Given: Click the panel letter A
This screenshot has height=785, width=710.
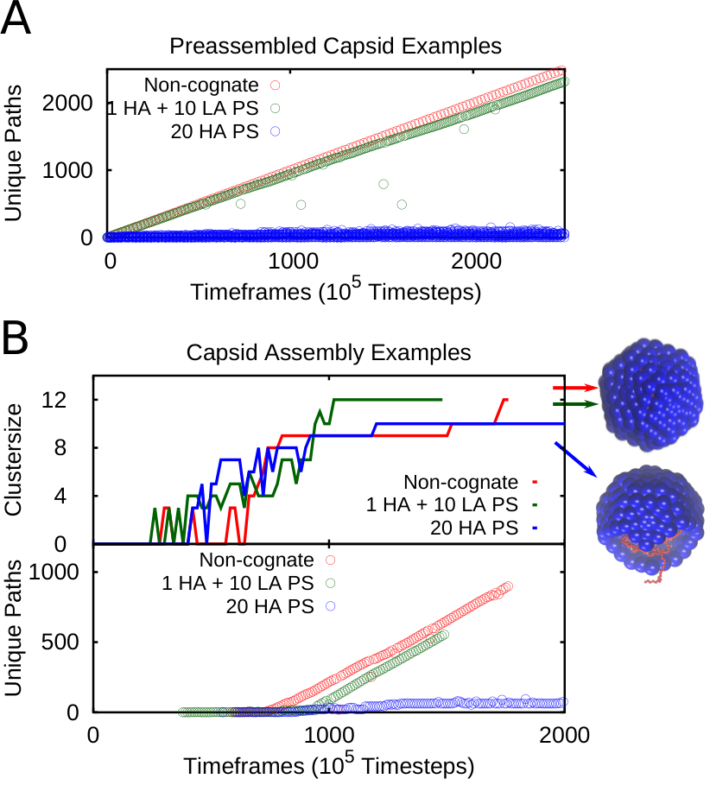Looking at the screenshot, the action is tap(16, 18).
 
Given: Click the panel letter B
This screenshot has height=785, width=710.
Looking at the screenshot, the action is tap(16, 338).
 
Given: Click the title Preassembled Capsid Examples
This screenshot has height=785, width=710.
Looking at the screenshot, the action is tap(335, 46).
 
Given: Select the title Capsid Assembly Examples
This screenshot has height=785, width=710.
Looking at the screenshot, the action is tap(328, 352).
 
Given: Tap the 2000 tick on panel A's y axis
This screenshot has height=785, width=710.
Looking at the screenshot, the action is tap(67, 103).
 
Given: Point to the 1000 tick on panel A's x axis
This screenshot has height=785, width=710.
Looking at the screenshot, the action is tap(294, 262).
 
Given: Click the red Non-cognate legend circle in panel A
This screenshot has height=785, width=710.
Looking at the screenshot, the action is tap(275, 85).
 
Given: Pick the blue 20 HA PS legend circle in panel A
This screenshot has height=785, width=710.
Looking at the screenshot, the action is tap(275, 131).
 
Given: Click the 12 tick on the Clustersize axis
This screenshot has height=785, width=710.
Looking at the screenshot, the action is tap(54, 400).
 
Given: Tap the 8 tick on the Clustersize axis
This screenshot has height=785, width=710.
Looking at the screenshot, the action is tap(60, 447).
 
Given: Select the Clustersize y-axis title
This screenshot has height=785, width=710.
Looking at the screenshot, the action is tap(13, 459).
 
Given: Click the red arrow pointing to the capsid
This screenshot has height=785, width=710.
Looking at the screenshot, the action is tap(575, 388).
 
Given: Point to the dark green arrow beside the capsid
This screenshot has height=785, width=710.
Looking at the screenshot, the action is tap(575, 404).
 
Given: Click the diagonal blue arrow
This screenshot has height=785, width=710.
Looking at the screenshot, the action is tap(575, 459).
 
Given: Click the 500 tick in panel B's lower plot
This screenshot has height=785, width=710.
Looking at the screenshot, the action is tap(60, 642).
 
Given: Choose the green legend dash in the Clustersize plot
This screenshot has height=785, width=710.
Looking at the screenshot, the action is tap(535, 504).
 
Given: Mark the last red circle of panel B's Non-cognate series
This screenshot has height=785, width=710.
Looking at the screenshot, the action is tap(508, 586).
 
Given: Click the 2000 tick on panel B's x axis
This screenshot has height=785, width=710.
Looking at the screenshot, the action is tap(564, 736).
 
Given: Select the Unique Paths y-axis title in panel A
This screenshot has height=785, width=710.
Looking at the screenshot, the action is tap(13, 153).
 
